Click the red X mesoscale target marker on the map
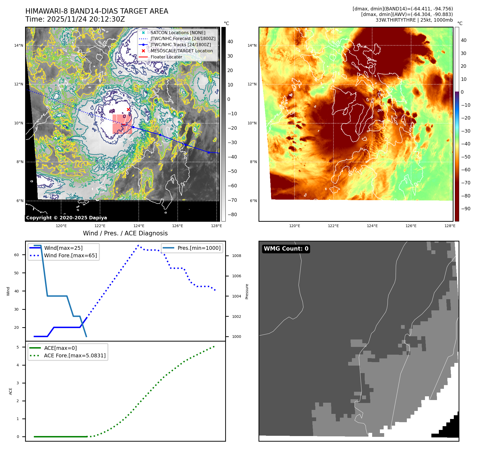(128, 109)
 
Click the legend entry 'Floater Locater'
(166, 57)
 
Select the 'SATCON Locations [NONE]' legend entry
(178, 33)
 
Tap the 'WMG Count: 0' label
(286, 249)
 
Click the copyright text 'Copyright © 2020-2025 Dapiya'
(66, 218)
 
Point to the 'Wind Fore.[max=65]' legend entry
(70, 255)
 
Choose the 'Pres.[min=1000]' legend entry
(199, 248)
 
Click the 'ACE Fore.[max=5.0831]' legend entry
(75, 355)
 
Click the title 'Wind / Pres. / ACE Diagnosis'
(125, 233)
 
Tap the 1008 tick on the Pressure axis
(236, 256)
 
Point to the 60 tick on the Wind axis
(17, 255)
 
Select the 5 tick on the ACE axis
(18, 347)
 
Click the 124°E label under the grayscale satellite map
(139, 226)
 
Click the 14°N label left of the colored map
(252, 45)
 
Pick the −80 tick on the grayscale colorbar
(232, 215)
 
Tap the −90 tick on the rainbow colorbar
(466, 209)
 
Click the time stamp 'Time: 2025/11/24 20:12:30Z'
(75, 19)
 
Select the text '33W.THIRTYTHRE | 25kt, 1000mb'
(414, 20)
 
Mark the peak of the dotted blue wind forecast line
(138, 245)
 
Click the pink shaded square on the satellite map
(122, 124)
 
